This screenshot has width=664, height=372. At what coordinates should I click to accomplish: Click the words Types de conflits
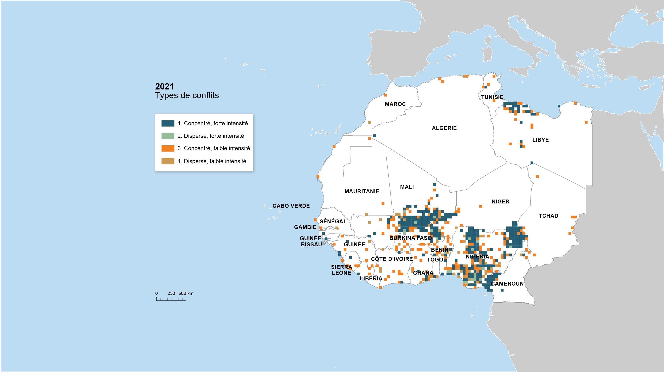[187, 95]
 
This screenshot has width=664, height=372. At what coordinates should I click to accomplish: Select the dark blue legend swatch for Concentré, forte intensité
[168, 123]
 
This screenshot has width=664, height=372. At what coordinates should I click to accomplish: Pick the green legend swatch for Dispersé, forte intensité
[168, 136]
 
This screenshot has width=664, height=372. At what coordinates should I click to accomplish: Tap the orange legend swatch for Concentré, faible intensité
[168, 148]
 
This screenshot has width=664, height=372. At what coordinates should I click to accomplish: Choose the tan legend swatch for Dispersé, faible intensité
[168, 161]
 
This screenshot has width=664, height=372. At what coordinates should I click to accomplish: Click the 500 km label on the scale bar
[186, 293]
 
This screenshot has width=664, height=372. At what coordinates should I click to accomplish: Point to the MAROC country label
[395, 104]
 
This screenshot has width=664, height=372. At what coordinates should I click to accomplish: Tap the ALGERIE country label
[444, 128]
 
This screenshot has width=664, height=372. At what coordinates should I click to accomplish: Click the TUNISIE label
[492, 97]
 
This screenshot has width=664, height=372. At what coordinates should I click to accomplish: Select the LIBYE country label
[540, 140]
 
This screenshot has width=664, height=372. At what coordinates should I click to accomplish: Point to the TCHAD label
[548, 216]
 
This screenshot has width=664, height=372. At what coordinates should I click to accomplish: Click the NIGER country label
[500, 201]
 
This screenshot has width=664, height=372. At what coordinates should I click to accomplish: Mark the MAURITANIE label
[362, 191]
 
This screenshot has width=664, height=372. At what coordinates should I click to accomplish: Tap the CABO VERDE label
[291, 206]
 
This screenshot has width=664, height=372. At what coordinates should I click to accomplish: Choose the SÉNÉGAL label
[333, 222]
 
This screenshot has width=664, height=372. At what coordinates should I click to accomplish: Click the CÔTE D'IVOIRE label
[392, 259]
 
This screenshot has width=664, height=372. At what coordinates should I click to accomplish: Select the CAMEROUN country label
[507, 284]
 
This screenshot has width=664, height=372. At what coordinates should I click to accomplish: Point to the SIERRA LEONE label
[341, 270]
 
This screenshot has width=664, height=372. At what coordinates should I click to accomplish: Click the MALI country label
[407, 187]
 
